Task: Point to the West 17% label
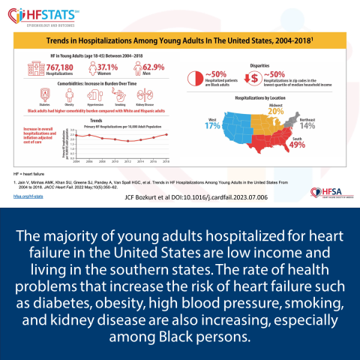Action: point(211,123)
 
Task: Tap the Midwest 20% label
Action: point(276,108)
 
